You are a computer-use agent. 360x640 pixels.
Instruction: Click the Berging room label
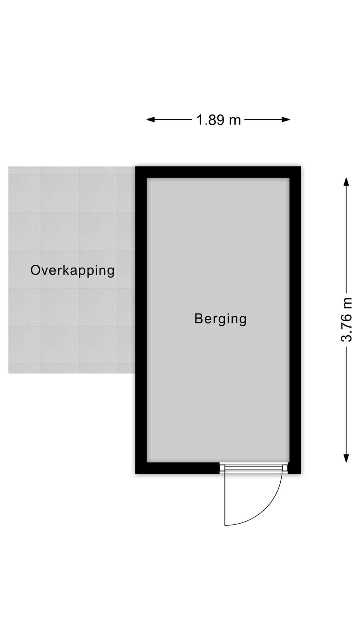click(220, 319)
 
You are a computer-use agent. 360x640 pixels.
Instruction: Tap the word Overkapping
click(72, 270)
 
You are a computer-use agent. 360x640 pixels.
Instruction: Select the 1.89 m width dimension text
click(218, 120)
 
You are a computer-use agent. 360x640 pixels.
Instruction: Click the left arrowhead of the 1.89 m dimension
click(150, 120)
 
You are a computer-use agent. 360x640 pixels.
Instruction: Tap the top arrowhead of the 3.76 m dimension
click(346, 182)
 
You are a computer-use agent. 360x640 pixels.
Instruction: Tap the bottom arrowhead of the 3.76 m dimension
click(346, 458)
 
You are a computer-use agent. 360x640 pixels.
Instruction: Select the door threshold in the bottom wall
click(254, 468)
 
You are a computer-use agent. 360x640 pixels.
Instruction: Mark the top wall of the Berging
click(218, 172)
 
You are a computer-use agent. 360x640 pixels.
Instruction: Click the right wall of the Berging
click(295, 320)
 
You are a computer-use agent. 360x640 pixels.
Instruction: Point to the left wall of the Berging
click(141, 320)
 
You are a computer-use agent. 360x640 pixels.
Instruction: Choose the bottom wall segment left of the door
click(178, 468)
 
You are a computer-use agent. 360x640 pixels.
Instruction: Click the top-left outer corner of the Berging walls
click(136, 166)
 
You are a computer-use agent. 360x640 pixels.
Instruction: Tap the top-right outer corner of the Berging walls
click(301, 166)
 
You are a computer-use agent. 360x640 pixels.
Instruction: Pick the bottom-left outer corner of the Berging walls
click(136, 474)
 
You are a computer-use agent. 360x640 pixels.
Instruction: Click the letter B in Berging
click(198, 318)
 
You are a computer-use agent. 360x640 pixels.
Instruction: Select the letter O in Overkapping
click(36, 270)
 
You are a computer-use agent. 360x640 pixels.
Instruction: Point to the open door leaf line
click(225, 499)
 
